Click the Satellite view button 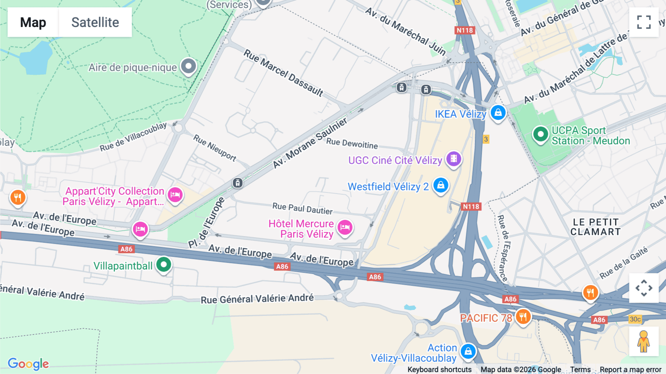point(95,22)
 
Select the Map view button point(33,22)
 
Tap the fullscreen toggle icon point(644,22)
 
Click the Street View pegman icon point(643,341)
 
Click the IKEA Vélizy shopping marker point(498,113)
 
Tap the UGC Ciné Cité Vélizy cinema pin point(454,159)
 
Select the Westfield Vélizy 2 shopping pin point(441,185)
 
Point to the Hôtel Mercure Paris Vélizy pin point(345,227)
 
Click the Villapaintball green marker point(164,265)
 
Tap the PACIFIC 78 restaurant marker point(523,317)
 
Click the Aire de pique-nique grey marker point(188,66)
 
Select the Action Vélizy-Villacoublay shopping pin point(468,351)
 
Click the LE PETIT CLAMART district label point(595,227)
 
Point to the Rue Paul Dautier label point(302,208)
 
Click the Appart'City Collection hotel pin point(175,195)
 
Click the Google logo point(28,364)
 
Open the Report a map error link point(630,370)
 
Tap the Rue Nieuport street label point(215,148)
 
